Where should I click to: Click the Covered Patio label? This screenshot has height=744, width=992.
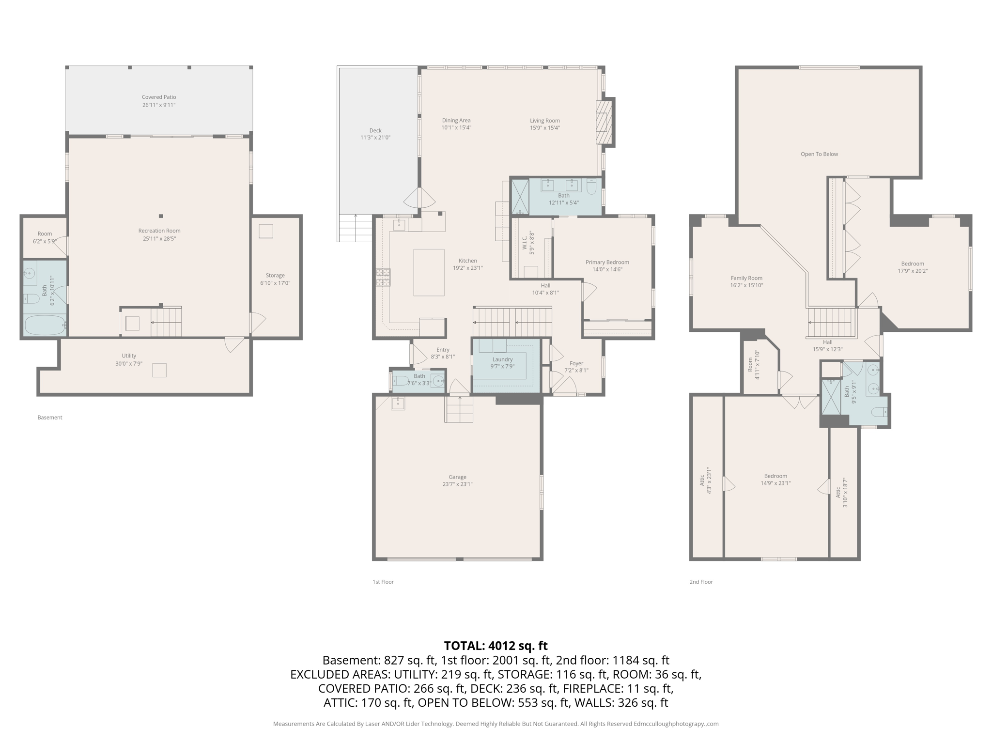pyautogui.click(x=159, y=97)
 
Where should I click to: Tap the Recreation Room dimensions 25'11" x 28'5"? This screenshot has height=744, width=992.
pyautogui.click(x=159, y=239)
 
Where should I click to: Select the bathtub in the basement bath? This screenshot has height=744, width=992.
pyautogui.click(x=45, y=325)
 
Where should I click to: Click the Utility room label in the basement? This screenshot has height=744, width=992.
pyautogui.click(x=129, y=356)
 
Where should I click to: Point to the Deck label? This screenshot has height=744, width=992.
pyautogui.click(x=375, y=130)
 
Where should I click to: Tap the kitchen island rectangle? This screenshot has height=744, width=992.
pyautogui.click(x=429, y=272)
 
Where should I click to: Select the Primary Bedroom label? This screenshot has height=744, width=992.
pyautogui.click(x=607, y=262)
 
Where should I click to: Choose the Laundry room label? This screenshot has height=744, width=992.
pyautogui.click(x=502, y=359)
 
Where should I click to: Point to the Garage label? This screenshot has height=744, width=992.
pyautogui.click(x=457, y=477)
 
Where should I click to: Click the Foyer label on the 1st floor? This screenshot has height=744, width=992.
pyautogui.click(x=576, y=363)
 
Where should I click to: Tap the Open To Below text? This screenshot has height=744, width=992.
pyautogui.click(x=819, y=154)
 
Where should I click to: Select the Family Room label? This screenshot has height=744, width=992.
pyautogui.click(x=746, y=278)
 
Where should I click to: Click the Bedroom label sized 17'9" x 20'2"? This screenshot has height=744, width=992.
pyautogui.click(x=913, y=264)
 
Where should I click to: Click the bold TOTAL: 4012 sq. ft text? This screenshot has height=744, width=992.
pyautogui.click(x=496, y=646)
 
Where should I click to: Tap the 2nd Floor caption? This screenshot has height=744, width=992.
pyautogui.click(x=701, y=582)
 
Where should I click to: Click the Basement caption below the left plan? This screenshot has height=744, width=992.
pyautogui.click(x=50, y=418)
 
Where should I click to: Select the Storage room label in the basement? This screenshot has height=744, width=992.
pyautogui.click(x=275, y=276)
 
